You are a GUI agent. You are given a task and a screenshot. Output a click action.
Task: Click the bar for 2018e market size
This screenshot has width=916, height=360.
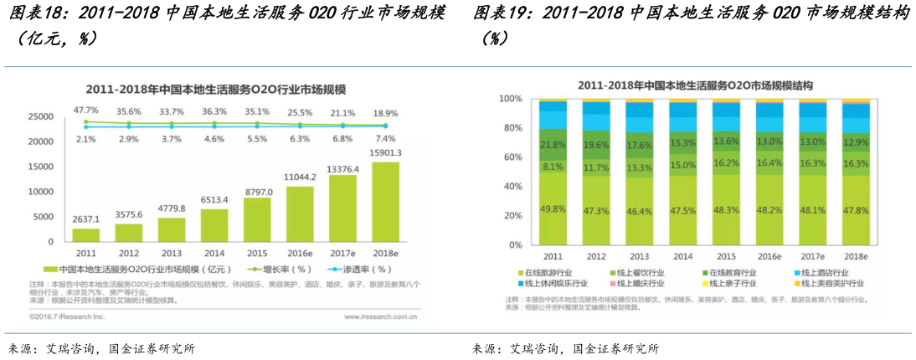(x=384, y=201)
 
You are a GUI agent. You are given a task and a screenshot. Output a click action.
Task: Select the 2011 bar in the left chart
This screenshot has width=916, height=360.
(x=86, y=234)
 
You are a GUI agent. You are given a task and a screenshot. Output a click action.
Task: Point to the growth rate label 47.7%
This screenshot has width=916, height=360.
(x=86, y=111)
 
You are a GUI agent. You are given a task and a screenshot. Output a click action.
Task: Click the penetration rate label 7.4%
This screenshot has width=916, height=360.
(x=385, y=138)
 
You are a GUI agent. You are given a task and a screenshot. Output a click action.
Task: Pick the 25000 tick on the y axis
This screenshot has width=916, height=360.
(x=41, y=117)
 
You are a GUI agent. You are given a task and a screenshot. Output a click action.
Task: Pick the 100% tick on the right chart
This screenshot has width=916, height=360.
(x=510, y=99)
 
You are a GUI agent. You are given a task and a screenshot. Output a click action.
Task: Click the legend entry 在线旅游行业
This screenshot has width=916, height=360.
(x=552, y=273)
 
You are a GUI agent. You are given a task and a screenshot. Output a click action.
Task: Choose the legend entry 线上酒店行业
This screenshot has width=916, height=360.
(x=824, y=273)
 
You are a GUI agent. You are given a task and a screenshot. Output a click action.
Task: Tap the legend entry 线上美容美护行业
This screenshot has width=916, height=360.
(x=829, y=284)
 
